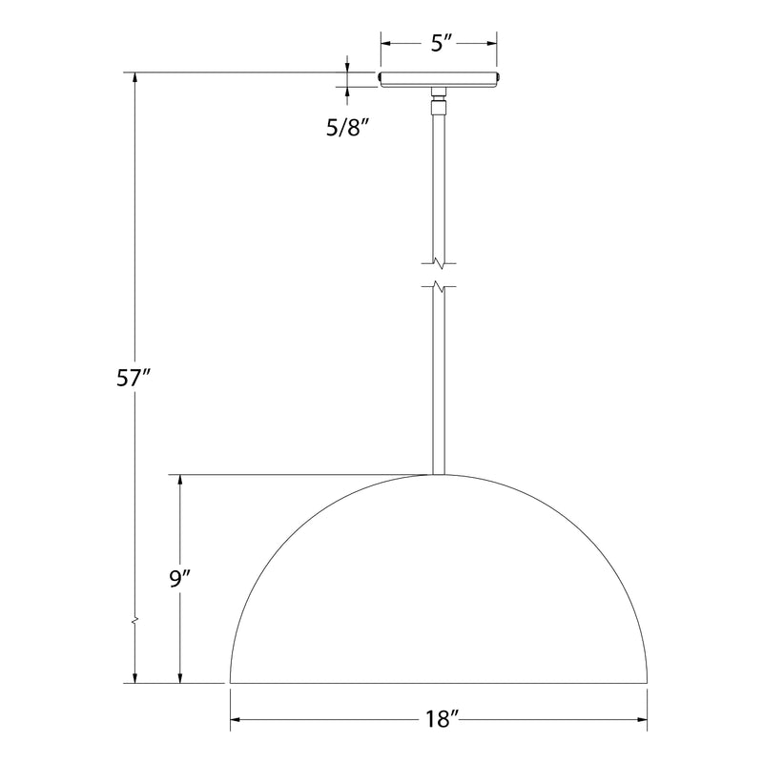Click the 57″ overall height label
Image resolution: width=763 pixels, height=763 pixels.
(x=132, y=377)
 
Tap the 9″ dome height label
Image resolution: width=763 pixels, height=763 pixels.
(x=179, y=579)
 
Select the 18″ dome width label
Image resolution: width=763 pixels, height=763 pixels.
(x=442, y=720)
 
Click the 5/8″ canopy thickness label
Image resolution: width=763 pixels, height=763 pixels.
(x=348, y=128)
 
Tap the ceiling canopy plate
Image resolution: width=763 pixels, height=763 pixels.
(x=439, y=79)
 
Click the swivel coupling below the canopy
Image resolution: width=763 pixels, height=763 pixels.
(x=439, y=100)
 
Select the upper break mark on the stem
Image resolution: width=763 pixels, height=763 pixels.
(x=439, y=263)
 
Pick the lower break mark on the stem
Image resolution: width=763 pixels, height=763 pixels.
(x=439, y=286)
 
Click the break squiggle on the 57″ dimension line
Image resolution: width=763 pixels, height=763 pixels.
(x=135, y=622)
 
